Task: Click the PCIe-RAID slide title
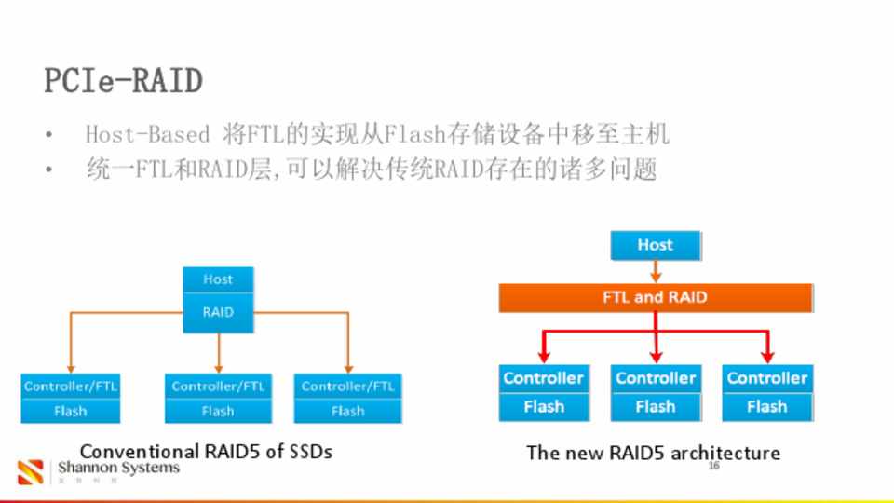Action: [x=123, y=81]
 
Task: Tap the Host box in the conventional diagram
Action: [x=218, y=279]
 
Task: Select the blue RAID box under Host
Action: [x=218, y=312]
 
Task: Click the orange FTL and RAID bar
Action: [x=655, y=298]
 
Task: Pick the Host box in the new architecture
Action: [x=655, y=245]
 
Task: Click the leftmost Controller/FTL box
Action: [x=71, y=386]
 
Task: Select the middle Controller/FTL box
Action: [x=218, y=386]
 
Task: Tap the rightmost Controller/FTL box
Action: [x=347, y=386]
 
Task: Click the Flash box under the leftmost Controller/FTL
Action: [x=71, y=411]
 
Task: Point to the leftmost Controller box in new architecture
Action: [x=543, y=378]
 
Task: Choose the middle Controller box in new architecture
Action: [x=656, y=378]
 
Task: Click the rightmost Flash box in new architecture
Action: [x=766, y=407]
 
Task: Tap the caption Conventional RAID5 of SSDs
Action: [x=206, y=452]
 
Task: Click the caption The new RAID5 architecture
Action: [x=653, y=453]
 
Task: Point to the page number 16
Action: [x=713, y=466]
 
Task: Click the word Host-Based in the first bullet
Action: [x=147, y=135]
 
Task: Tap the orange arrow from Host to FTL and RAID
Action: [x=655, y=272]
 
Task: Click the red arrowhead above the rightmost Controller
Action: [x=767, y=356]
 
